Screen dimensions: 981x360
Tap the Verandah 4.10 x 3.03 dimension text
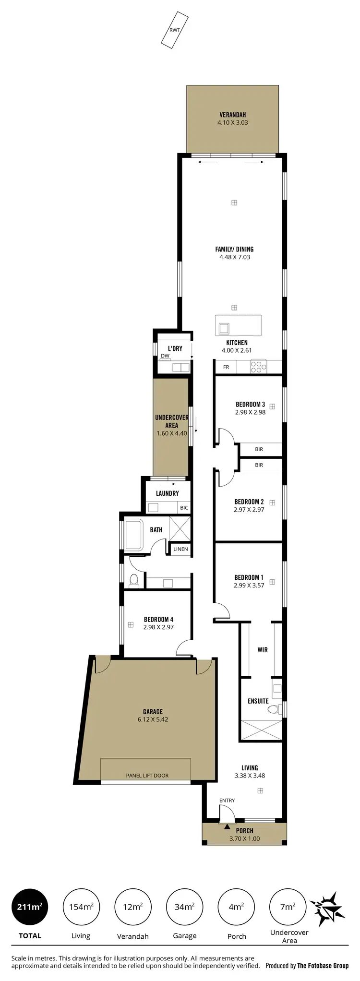click(x=233, y=122)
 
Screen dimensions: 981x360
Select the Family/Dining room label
click(x=234, y=249)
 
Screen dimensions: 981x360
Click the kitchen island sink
click(x=224, y=328)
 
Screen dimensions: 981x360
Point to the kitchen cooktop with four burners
click(x=258, y=367)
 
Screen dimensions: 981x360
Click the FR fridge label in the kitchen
click(x=226, y=367)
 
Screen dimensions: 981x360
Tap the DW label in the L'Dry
click(x=165, y=356)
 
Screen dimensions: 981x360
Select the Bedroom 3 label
click(x=250, y=404)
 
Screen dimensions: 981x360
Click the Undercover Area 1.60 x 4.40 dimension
click(x=171, y=433)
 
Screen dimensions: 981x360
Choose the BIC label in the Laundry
click(x=184, y=508)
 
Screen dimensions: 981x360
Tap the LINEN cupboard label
click(x=180, y=549)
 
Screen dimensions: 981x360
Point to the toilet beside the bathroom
click(x=134, y=580)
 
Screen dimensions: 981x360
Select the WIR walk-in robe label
click(x=263, y=650)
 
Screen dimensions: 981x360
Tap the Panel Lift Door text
click(x=147, y=775)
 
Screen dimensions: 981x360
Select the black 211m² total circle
click(x=30, y=907)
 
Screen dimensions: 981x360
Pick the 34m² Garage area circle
click(x=185, y=907)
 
